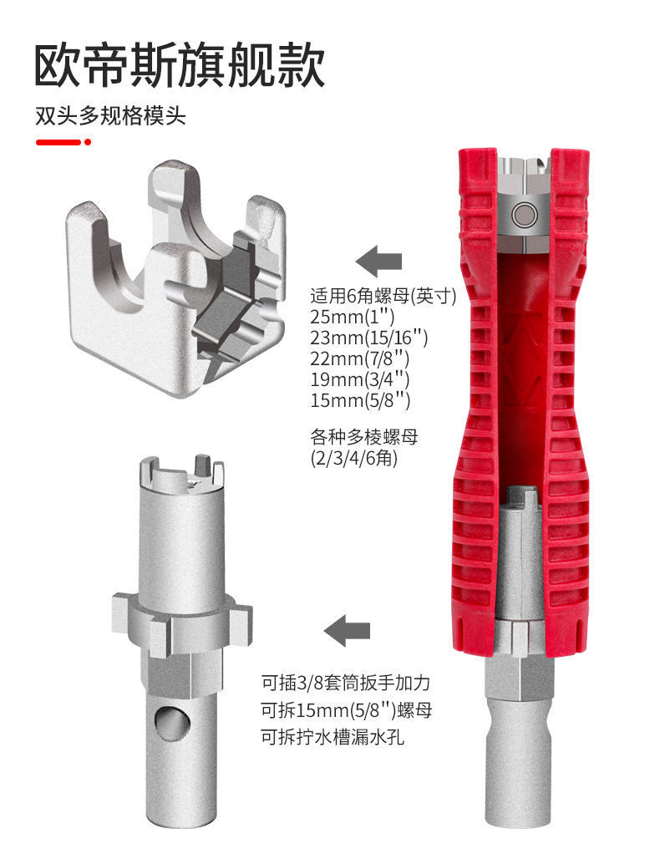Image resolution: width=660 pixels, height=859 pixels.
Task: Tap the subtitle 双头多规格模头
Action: pos(109,115)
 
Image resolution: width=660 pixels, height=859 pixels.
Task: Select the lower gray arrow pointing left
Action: pos(348,629)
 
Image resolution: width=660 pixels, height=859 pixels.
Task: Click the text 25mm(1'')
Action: pos(352,318)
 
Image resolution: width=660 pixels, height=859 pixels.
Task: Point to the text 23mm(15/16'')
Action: pos(368,338)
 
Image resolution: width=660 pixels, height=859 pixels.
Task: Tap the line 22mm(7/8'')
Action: pos(360,359)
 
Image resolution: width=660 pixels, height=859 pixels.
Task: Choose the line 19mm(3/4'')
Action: pos(360,379)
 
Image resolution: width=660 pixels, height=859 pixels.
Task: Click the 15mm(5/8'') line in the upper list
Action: pos(360,400)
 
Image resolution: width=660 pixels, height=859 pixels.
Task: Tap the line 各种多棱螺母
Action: pos(362,437)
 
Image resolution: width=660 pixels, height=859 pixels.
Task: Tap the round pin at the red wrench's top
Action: pos(525,214)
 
